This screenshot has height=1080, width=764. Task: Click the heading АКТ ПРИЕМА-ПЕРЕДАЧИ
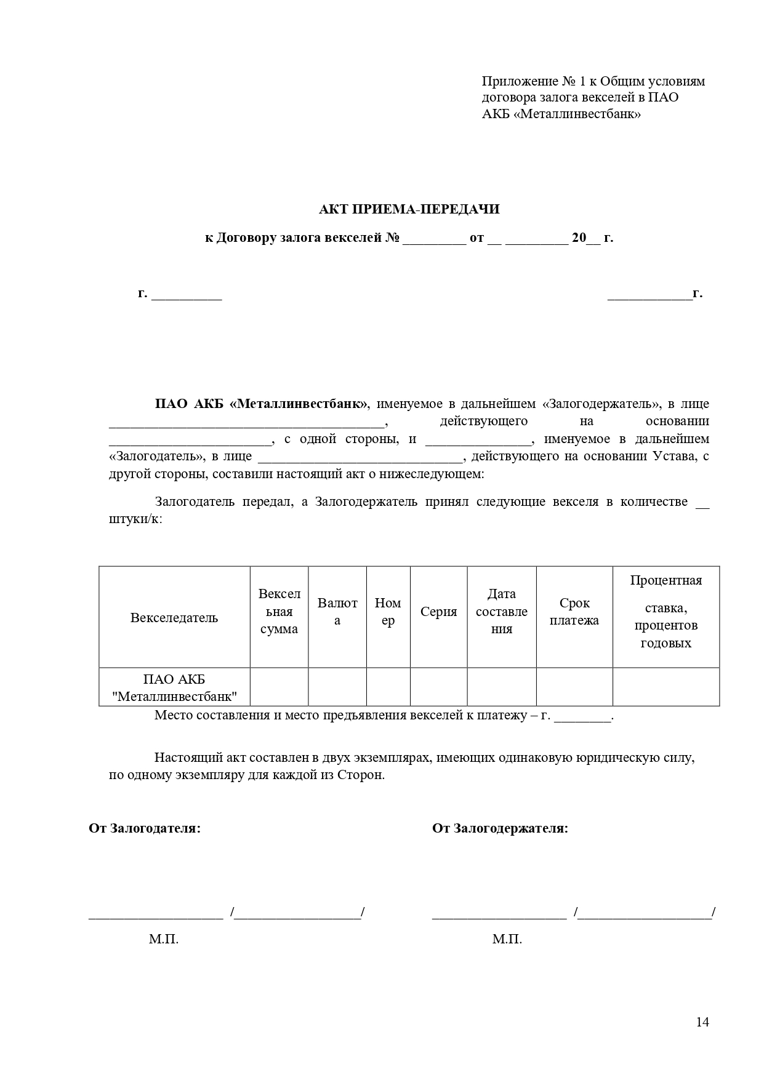click(409, 209)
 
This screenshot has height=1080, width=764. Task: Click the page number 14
click(702, 1022)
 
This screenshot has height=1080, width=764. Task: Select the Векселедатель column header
click(174, 617)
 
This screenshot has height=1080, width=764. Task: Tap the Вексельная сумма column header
click(279, 611)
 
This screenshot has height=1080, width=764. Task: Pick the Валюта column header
click(337, 611)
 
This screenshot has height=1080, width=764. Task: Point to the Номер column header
click(388, 612)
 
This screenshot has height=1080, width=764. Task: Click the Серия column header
click(438, 612)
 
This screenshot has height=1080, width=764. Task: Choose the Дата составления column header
click(502, 611)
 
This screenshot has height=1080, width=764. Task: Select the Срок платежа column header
click(574, 612)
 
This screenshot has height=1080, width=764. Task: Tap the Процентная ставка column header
click(665, 611)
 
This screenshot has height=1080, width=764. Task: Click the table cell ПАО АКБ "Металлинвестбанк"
click(174, 687)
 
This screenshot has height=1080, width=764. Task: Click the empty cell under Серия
click(438, 687)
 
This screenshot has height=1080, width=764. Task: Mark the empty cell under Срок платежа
click(574, 687)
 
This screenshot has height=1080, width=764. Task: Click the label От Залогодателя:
click(145, 828)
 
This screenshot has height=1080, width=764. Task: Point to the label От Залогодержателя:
click(500, 828)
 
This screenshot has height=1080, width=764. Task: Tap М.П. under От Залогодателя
click(163, 939)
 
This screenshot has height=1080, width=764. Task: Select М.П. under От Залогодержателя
click(507, 939)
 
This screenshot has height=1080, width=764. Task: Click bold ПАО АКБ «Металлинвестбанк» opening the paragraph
click(261, 404)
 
